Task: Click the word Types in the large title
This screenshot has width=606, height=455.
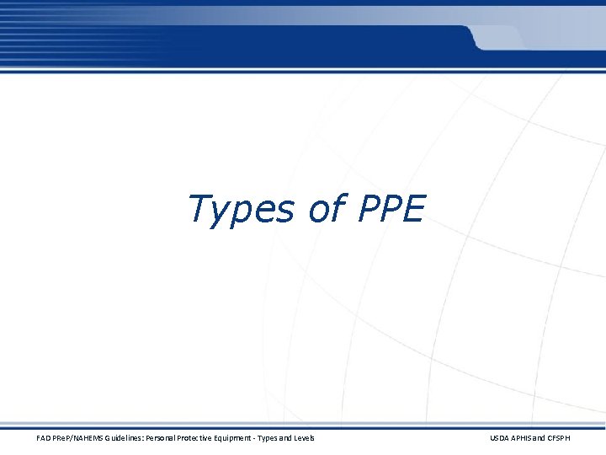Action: (240, 209)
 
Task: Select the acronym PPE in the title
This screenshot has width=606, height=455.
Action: (391, 208)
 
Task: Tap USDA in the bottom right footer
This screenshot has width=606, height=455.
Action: (500, 438)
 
